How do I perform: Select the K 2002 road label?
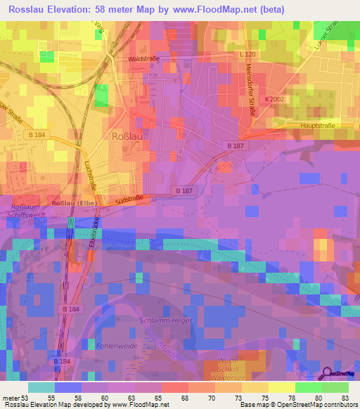pyautogui.click(x=275, y=100)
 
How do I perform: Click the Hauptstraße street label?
pyautogui.click(x=316, y=125)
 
